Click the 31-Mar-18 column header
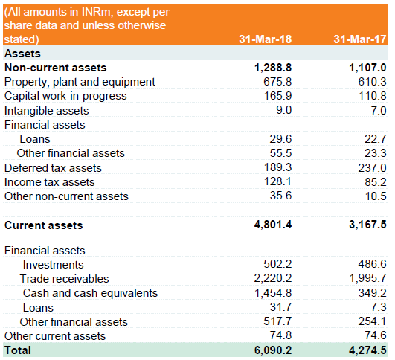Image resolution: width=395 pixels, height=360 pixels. (x=266, y=39)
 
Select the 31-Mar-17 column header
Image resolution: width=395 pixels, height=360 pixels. (x=360, y=39)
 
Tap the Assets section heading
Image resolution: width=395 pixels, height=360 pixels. (x=22, y=54)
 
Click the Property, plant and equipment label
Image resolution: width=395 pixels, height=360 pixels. (x=80, y=82)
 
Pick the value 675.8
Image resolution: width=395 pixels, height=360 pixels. (x=277, y=82)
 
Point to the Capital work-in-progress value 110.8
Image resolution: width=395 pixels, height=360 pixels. (x=373, y=96)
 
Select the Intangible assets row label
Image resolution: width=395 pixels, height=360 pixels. (x=47, y=111)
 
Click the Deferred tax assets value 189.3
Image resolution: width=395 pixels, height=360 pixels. (x=277, y=167)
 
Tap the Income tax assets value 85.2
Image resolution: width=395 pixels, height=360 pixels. (x=376, y=182)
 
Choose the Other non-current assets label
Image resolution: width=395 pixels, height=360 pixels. (x=66, y=196)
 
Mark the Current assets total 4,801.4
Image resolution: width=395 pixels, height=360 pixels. (x=273, y=225)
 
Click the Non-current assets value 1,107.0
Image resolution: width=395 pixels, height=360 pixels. (x=367, y=68)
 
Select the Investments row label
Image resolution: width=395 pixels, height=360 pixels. (x=53, y=265)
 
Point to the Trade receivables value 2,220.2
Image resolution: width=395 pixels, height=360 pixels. (x=273, y=278)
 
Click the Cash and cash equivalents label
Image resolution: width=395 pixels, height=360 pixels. (x=90, y=293)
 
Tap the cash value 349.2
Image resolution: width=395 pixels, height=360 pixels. (x=373, y=293)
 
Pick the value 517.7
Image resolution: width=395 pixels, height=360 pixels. (x=277, y=321)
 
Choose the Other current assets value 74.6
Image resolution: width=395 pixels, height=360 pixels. (x=376, y=335)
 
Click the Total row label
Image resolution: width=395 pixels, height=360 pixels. (x=18, y=350)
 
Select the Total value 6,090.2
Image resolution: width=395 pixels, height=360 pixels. (x=273, y=350)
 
